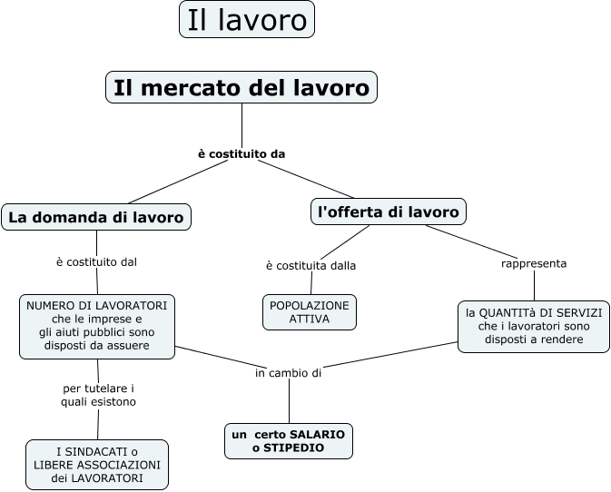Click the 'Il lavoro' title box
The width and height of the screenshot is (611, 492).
(x=247, y=19)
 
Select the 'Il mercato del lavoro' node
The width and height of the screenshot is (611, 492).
(x=241, y=87)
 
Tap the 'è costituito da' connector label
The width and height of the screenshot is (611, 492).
(x=241, y=153)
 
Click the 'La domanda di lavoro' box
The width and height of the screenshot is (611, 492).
(x=96, y=217)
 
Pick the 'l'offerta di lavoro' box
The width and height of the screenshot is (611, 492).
(x=389, y=212)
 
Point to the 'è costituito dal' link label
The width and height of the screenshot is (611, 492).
(x=96, y=262)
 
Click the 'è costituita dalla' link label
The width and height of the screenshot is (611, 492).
(x=310, y=266)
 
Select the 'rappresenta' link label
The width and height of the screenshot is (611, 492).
(x=534, y=263)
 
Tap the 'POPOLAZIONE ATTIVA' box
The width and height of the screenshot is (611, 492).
(x=310, y=311)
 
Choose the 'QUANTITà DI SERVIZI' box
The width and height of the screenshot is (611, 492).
(x=534, y=327)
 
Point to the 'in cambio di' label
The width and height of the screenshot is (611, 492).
(x=289, y=372)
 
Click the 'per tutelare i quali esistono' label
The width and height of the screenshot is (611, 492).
(x=98, y=394)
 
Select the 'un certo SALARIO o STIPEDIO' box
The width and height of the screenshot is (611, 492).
(x=288, y=441)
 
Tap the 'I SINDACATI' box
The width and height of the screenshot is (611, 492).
(x=97, y=465)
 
